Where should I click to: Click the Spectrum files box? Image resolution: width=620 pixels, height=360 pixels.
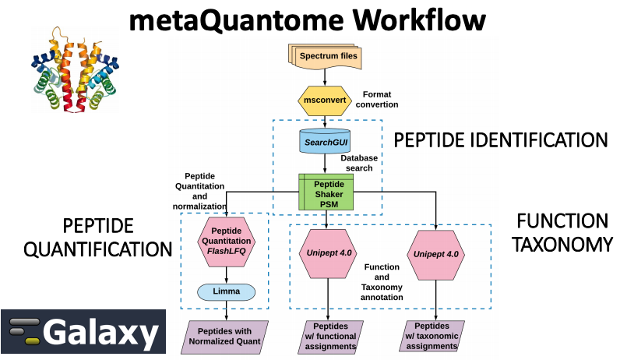pos(325,56)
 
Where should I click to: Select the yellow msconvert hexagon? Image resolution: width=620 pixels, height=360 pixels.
pos(325,101)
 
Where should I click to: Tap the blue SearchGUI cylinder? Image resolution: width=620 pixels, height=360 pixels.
pos(325,141)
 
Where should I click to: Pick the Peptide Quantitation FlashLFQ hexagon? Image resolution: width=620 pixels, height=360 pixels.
pos(226,242)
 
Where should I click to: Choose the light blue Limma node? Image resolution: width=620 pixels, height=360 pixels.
pos(226,292)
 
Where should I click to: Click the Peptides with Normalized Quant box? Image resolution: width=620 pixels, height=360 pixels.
pos(224,337)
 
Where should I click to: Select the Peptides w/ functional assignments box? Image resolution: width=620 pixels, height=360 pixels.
pos(330,337)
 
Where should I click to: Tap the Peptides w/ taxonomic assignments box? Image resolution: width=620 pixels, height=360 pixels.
pos(432,337)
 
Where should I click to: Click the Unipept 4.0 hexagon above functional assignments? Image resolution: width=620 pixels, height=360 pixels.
pos(328,253)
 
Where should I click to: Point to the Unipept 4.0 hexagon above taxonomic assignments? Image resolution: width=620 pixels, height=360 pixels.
pos(435,255)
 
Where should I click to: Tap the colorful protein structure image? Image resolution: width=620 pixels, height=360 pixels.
pos(75,70)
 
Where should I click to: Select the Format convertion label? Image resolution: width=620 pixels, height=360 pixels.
pos(377,100)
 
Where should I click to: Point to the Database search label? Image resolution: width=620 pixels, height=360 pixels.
pos(359,163)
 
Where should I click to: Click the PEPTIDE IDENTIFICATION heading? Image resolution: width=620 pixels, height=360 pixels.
pos(501,140)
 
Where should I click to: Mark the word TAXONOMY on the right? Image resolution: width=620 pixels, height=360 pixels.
pos(562,245)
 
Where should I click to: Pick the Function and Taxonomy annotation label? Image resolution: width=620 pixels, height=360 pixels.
pos(382,282)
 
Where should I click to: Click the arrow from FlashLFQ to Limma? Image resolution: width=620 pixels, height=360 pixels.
pos(226,275)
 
